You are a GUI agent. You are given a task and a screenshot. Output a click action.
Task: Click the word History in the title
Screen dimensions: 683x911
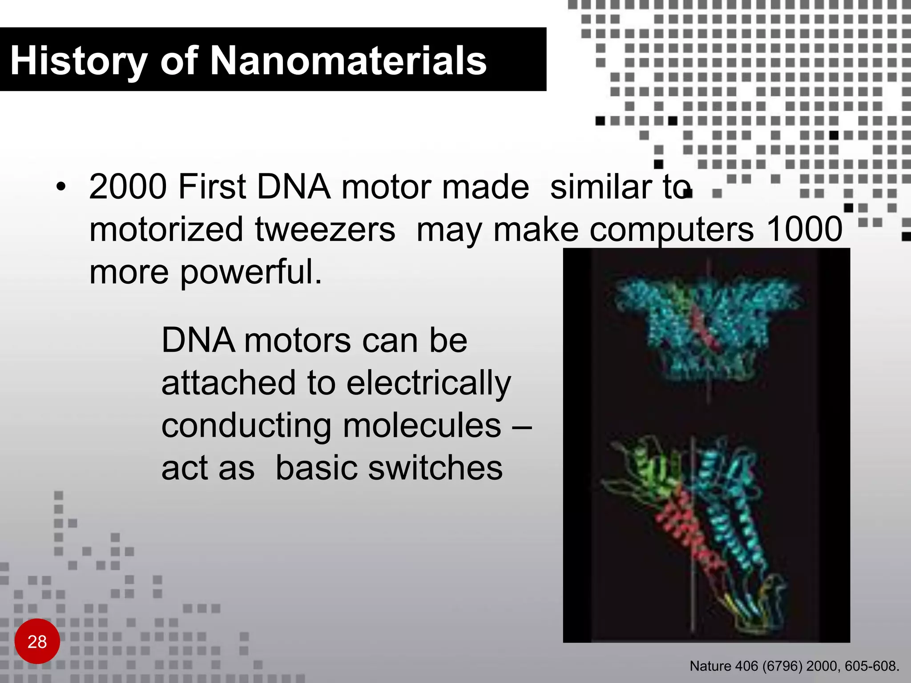[78, 61]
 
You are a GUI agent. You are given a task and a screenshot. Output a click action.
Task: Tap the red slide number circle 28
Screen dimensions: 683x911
[37, 641]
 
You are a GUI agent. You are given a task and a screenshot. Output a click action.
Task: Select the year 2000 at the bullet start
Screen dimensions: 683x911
[128, 187]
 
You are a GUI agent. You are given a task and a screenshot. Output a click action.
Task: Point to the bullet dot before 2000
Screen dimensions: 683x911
[61, 187]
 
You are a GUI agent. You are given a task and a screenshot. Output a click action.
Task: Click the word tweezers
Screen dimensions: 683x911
[325, 229]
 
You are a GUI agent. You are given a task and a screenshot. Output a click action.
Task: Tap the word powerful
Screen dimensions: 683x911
[250, 272]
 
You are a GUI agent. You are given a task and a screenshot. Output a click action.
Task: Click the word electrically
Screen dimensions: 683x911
[428, 383]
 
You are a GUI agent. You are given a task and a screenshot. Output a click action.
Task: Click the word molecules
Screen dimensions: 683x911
[422, 426]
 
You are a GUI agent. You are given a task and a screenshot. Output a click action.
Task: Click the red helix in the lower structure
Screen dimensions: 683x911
[685, 534]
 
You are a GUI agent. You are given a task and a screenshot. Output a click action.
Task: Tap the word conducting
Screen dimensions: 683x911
[246, 426]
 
